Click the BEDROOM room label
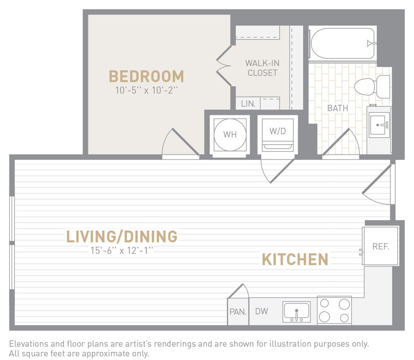click(146, 76)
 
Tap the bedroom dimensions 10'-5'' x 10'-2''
click(146, 91)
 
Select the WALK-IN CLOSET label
click(262, 68)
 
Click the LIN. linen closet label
click(248, 104)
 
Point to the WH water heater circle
click(230, 134)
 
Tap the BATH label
click(337, 108)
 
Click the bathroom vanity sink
click(379, 125)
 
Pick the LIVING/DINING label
click(122, 236)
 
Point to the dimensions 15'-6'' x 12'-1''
click(122, 251)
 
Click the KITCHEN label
click(295, 259)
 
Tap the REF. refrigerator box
click(380, 247)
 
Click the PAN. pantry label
click(238, 312)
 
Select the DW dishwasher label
click(261, 311)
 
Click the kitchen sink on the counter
click(297, 312)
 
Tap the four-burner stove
click(334, 310)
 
